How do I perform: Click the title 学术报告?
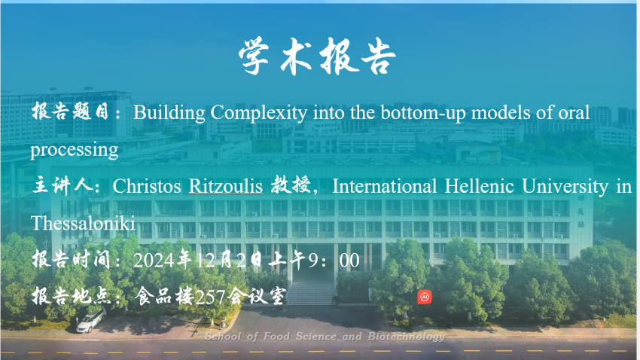pyautogui.click(x=317, y=56)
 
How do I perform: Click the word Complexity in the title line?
pyautogui.click(x=259, y=113)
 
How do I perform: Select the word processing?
pyautogui.click(x=75, y=150)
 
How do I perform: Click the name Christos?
pyautogui.click(x=147, y=187)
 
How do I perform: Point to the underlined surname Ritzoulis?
pyautogui.click(x=226, y=187)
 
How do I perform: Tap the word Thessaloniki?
pyautogui.click(x=83, y=223)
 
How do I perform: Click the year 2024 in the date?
pyautogui.click(x=154, y=261)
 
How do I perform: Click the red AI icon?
pyautogui.click(x=425, y=297)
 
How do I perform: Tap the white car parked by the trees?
pyautogui.click(x=91, y=320)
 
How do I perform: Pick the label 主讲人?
pyautogui.click(x=62, y=186)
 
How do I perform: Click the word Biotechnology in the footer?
pyautogui.click(x=406, y=337)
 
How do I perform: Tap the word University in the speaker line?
pyautogui.click(x=565, y=187)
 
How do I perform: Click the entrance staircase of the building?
pyautogui.click(x=311, y=293)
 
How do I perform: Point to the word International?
pyautogui.click(x=385, y=187)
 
